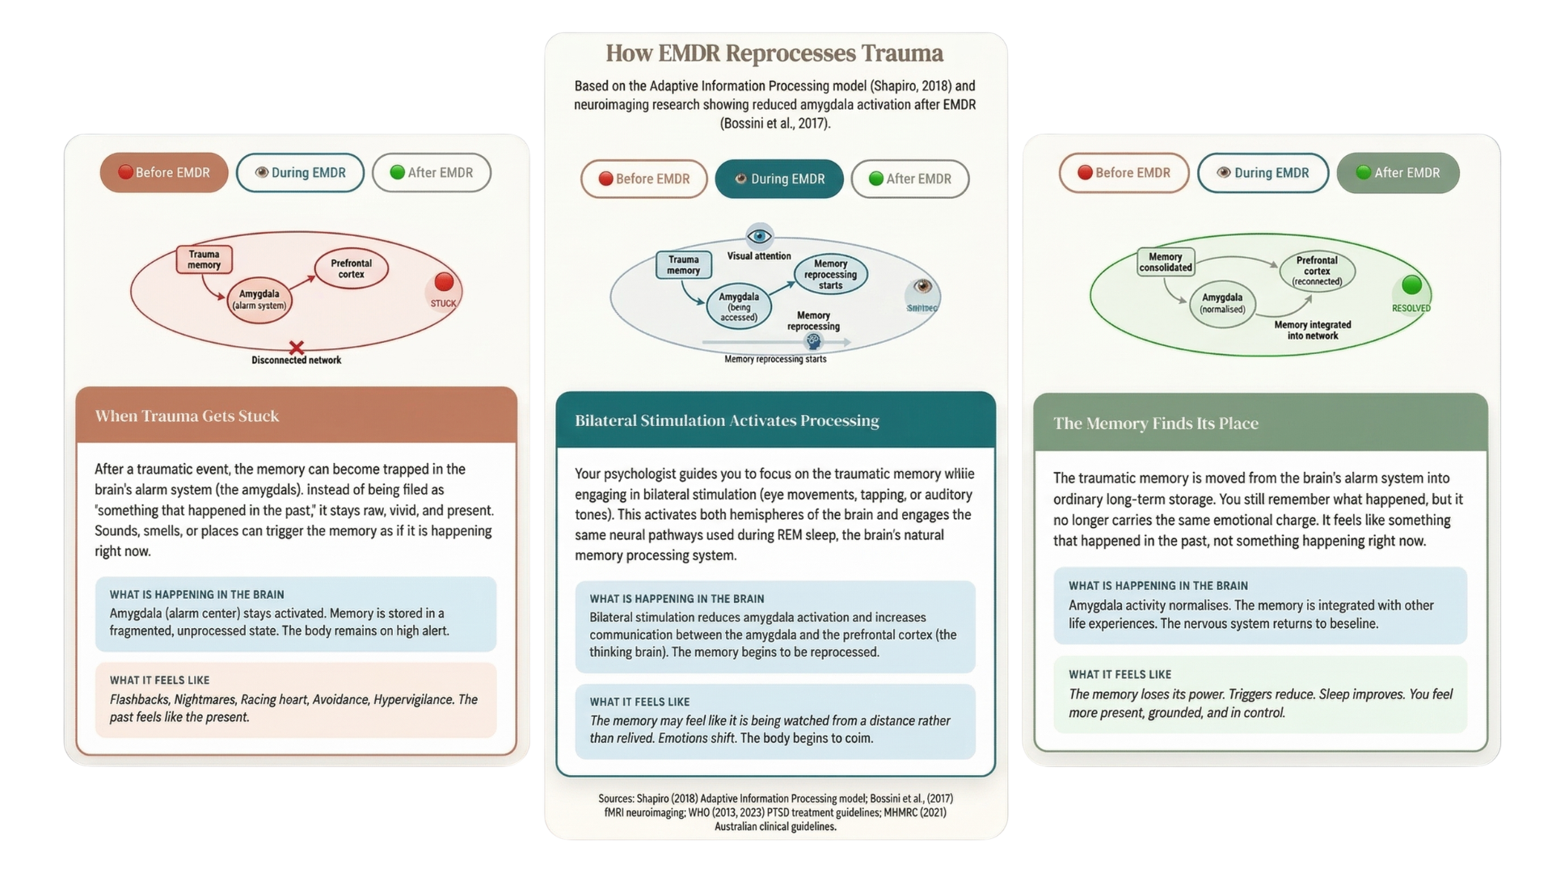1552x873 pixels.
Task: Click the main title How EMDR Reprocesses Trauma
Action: click(774, 53)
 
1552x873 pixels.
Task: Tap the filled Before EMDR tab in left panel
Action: click(164, 173)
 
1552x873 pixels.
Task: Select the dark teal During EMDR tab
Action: click(778, 179)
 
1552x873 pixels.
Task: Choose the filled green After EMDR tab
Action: click(1398, 173)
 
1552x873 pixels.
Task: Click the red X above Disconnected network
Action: click(297, 348)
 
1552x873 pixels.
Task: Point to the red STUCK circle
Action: click(444, 282)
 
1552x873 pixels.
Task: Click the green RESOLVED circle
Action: click(1411, 285)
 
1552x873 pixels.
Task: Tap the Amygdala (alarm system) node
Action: click(259, 300)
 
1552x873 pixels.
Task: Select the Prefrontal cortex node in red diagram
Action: click(351, 269)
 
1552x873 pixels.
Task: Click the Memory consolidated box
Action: click(1165, 263)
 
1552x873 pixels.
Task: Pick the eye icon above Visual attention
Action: click(759, 236)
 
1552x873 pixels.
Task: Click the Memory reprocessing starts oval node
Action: click(830, 275)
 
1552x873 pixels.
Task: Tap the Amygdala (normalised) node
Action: click(1222, 304)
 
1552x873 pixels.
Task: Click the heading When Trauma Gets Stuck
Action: click(187, 416)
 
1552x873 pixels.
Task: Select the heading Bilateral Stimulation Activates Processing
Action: click(727, 421)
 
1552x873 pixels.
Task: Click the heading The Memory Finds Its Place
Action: click(1155, 424)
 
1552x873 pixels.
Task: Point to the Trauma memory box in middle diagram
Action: click(683, 265)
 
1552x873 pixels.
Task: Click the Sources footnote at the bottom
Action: click(775, 812)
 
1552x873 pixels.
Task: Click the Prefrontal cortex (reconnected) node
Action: click(1317, 271)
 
